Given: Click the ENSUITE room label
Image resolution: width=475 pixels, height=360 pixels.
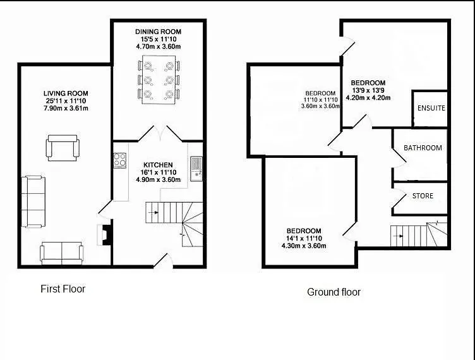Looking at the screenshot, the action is click(431, 108).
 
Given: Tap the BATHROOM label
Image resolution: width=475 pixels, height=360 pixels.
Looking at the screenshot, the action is click(423, 148).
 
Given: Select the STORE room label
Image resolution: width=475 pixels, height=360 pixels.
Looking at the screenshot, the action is click(423, 196).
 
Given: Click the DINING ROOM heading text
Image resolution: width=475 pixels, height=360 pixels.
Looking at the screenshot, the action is click(158, 32).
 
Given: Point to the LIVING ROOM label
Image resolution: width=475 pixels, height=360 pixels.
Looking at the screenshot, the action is click(66, 93).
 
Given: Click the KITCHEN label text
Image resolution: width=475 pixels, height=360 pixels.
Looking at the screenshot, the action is click(158, 165).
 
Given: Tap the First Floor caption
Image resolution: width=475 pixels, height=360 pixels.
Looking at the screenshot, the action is click(63, 289).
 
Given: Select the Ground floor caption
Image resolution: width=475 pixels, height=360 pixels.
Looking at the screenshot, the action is click(334, 292).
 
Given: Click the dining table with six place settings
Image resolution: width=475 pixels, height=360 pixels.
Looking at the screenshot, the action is click(159, 80).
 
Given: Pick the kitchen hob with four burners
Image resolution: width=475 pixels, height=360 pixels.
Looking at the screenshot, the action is click(119, 160).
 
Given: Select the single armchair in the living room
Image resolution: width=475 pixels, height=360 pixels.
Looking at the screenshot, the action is click(63, 148).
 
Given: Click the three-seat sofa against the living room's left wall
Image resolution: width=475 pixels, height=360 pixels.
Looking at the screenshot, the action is click(33, 201).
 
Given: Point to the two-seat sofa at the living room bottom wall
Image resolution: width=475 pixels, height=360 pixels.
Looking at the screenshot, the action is click(61, 253).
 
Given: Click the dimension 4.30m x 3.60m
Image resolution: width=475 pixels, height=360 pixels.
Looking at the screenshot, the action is click(304, 246).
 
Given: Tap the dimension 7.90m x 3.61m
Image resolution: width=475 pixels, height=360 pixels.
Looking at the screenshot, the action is click(66, 109).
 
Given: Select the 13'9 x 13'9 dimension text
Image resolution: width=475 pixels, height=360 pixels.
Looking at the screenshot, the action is click(368, 90).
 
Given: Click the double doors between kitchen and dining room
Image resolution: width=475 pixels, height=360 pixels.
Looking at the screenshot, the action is click(160, 133).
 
